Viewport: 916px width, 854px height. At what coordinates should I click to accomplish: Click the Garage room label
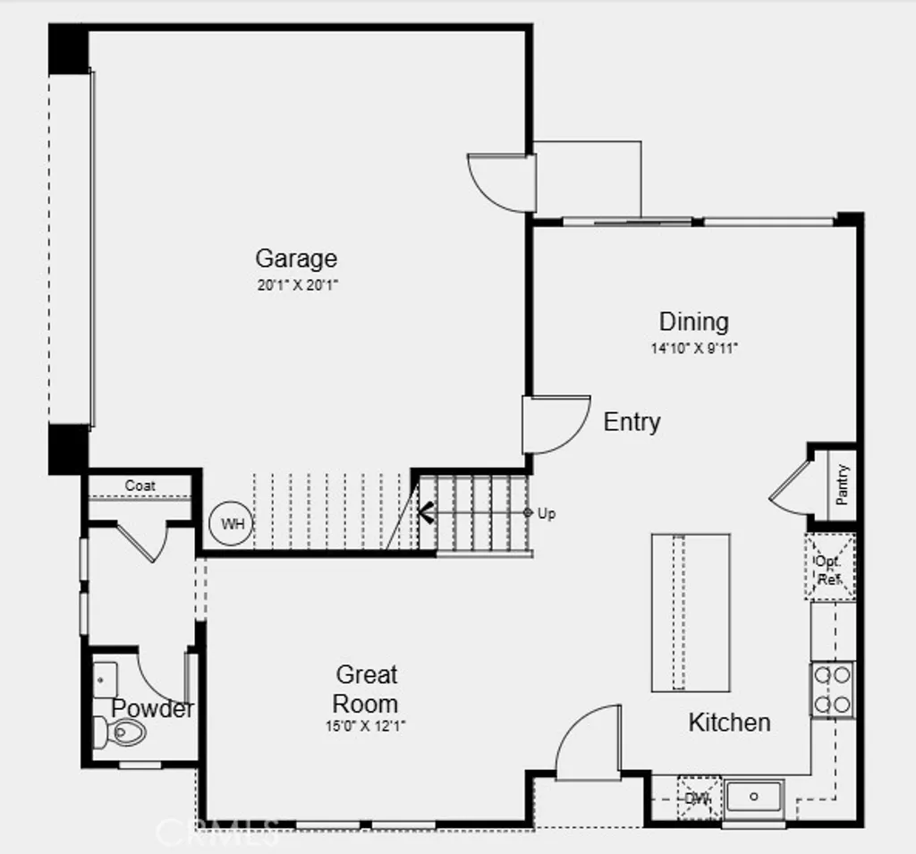(x=296, y=259)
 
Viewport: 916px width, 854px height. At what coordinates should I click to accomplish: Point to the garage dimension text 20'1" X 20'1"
(x=296, y=285)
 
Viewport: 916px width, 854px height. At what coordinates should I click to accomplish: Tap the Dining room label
(x=693, y=322)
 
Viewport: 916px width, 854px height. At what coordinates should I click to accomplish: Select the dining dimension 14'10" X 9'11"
(x=693, y=349)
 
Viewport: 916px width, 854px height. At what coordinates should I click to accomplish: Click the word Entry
(x=632, y=422)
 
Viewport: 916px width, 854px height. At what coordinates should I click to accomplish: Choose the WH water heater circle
(x=232, y=524)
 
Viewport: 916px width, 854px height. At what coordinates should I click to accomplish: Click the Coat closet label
(x=140, y=486)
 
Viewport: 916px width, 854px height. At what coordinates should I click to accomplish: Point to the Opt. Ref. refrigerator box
(x=829, y=567)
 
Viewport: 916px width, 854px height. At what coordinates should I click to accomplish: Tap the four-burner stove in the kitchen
(x=832, y=689)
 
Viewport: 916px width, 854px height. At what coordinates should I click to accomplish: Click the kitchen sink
(x=754, y=795)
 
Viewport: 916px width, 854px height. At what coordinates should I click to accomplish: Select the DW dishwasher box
(x=699, y=798)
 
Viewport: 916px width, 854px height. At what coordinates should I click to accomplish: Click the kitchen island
(x=690, y=613)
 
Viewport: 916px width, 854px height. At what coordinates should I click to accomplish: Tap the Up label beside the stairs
(x=547, y=513)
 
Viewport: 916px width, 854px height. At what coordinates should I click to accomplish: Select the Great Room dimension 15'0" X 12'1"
(x=366, y=727)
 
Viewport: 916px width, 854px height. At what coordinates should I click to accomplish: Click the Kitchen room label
(x=729, y=723)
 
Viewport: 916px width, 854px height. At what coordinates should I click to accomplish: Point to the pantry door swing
(x=790, y=490)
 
